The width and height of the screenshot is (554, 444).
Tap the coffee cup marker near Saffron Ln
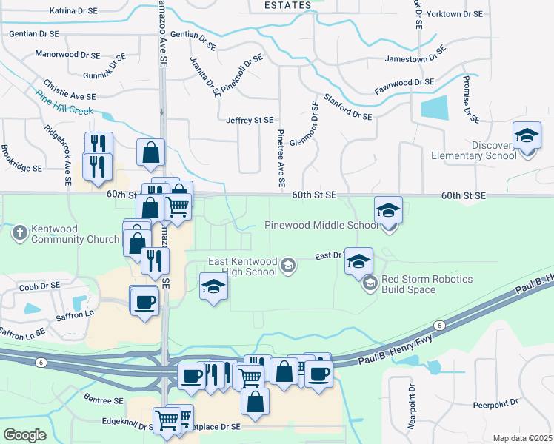click(144, 302)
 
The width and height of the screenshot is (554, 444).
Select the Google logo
click(24, 434)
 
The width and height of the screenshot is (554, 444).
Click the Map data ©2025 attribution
click(522, 438)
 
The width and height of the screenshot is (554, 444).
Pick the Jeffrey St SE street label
click(250, 120)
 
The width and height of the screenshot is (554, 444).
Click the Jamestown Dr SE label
click(415, 58)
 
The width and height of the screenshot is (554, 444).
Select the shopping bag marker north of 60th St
click(151, 153)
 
